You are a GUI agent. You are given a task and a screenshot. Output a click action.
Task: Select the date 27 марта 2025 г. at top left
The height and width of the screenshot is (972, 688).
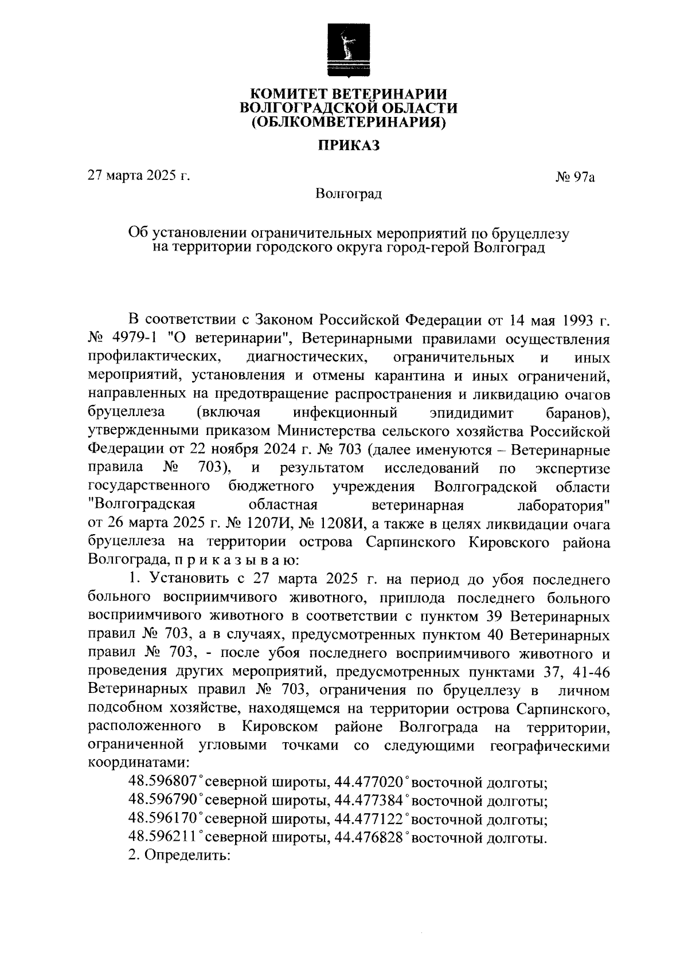(x=138, y=175)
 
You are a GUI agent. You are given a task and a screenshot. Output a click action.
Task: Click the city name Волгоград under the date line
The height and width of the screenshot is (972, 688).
(x=349, y=194)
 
